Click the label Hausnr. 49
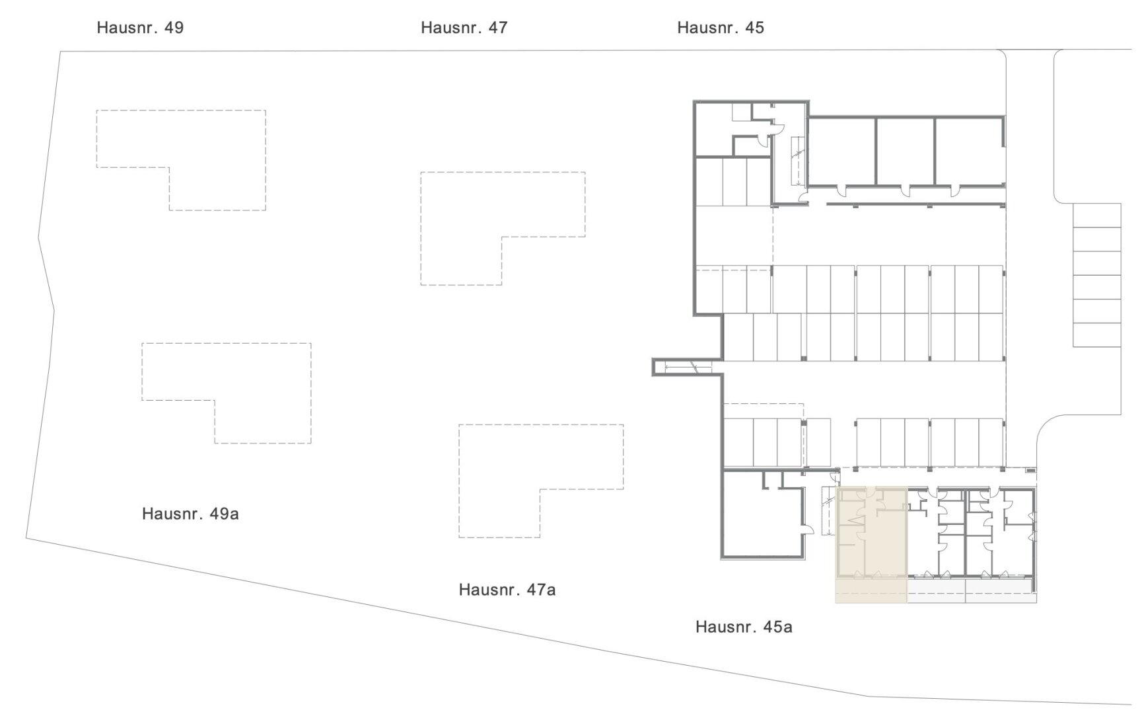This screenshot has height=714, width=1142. (x=140, y=28)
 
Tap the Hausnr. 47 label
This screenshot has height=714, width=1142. (x=464, y=28)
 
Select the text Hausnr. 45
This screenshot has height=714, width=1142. (x=721, y=28)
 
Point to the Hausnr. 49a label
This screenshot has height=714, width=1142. (x=190, y=514)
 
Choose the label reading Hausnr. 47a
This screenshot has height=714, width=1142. (x=507, y=590)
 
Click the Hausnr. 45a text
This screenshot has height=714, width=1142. (x=744, y=627)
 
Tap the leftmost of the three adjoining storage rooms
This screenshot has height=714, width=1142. (x=842, y=151)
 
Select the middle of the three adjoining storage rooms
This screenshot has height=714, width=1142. (x=906, y=151)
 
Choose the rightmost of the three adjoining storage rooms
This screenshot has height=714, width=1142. (x=970, y=151)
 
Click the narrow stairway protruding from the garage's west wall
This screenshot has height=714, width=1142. (x=687, y=367)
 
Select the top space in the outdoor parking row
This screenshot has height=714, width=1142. (x=1096, y=215)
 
